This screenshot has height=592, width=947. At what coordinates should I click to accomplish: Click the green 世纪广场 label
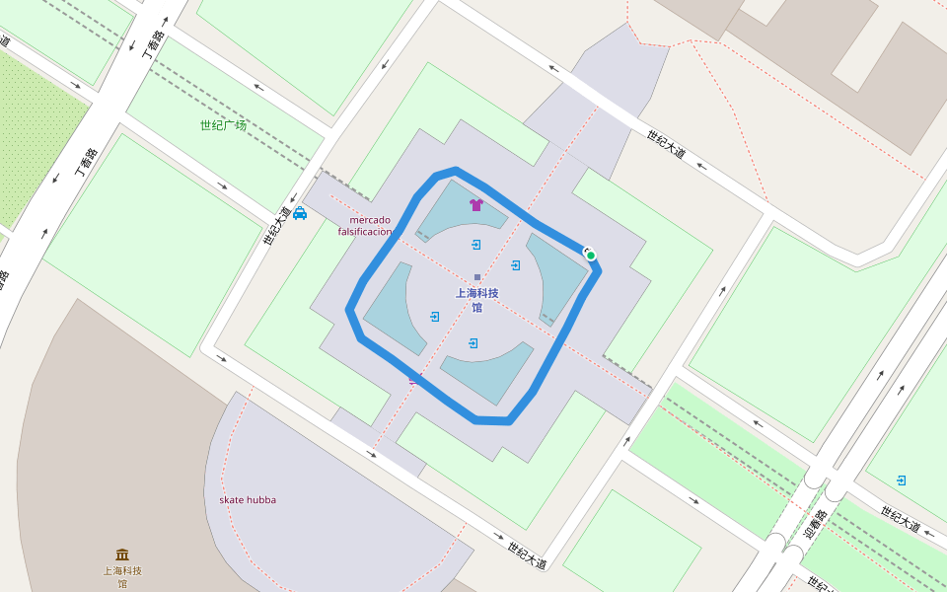223,125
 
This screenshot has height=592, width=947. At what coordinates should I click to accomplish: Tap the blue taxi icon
300,213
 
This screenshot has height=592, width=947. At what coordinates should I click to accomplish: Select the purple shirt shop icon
476,205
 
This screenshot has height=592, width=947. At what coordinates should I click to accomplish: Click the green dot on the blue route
591,256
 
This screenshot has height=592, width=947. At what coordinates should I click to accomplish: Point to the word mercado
370,219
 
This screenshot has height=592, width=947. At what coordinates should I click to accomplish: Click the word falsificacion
365,231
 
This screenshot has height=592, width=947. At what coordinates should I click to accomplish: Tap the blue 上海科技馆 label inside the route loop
476,300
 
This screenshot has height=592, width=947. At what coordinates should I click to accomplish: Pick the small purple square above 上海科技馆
477,277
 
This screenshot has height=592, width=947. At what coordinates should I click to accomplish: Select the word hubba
261,500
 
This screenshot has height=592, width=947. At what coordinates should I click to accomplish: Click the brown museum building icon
122,555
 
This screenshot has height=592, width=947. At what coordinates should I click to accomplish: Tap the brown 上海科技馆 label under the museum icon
122,577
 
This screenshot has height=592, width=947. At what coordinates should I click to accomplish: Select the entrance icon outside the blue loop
902,481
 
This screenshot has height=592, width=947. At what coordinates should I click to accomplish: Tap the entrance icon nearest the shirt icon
476,244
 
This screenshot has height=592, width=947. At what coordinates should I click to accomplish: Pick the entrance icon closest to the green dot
516,265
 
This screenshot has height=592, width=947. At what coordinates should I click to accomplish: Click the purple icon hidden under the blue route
414,378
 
